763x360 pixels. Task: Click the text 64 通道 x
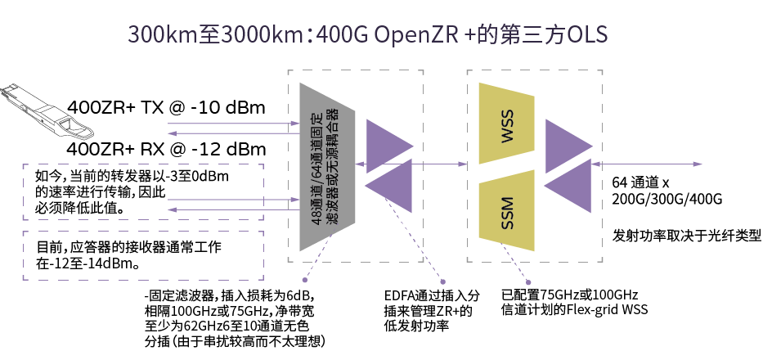[641, 182]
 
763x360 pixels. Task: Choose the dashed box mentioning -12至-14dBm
[139, 255]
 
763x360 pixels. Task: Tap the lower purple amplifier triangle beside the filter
[391, 187]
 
